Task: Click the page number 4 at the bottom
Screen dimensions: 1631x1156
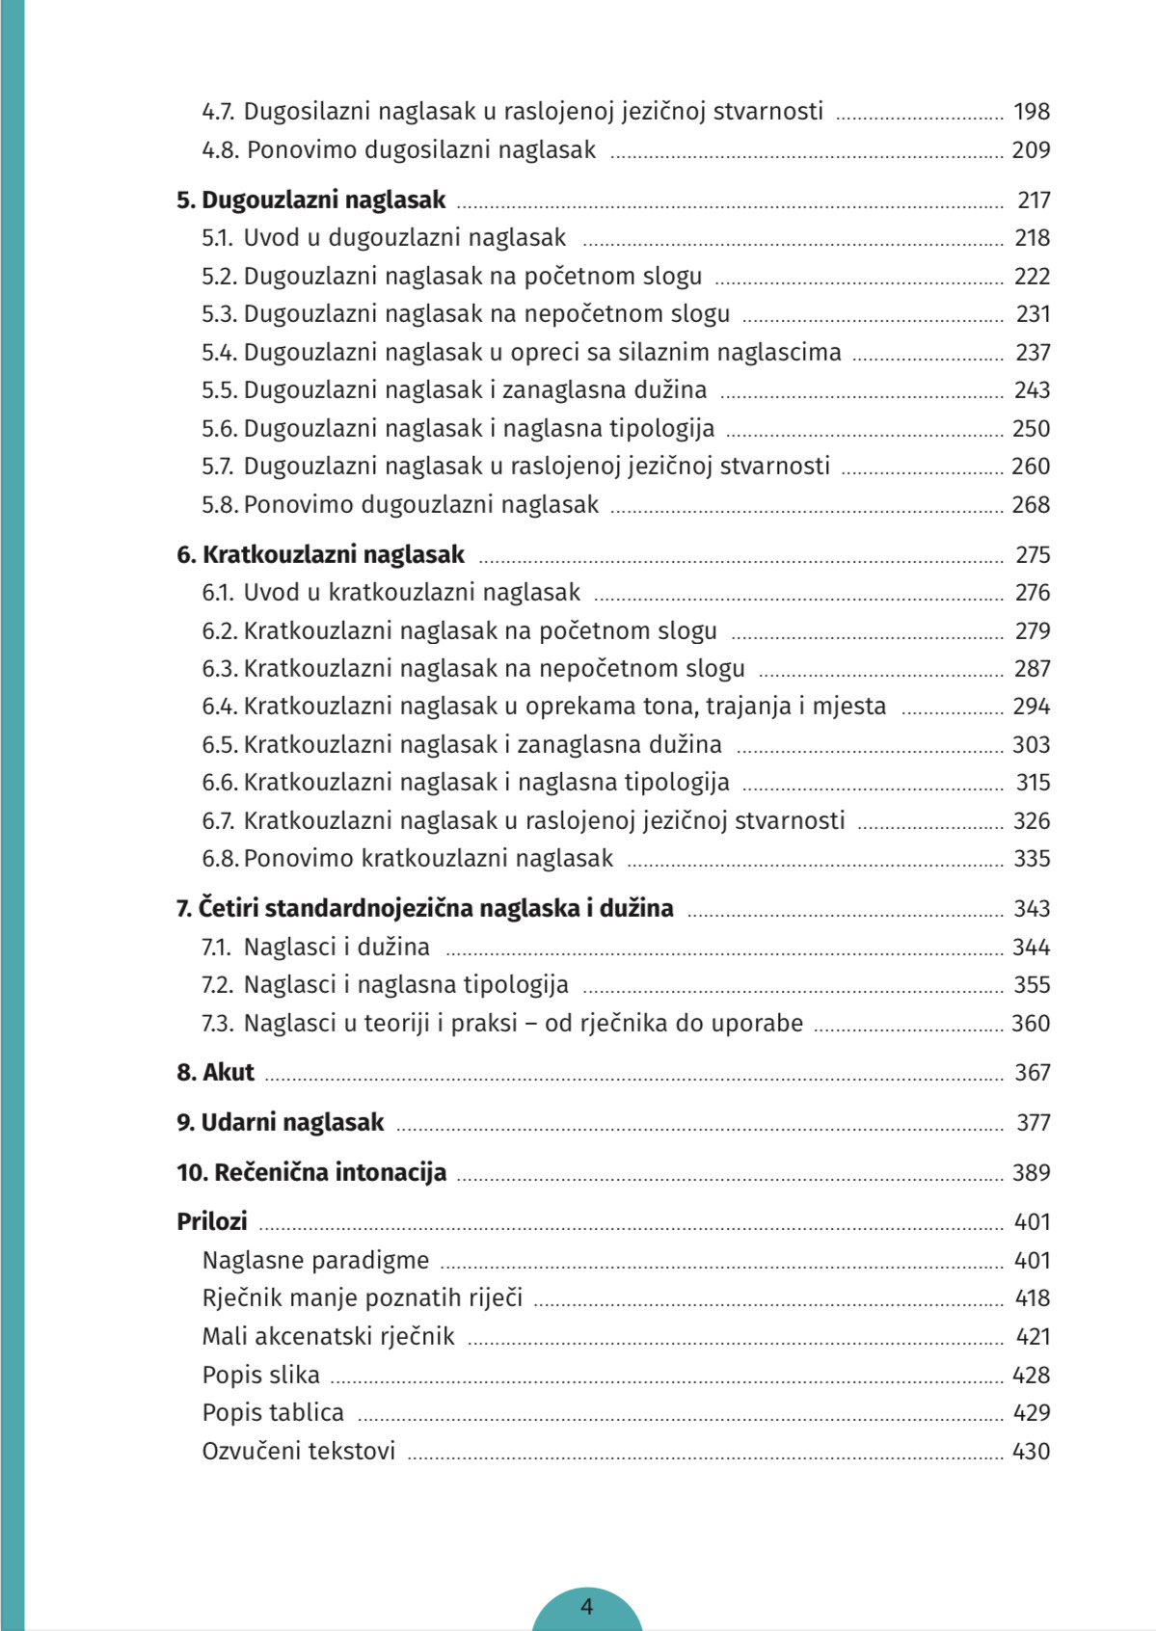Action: (x=586, y=1607)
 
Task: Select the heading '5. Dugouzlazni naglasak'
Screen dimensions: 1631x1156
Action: (x=310, y=201)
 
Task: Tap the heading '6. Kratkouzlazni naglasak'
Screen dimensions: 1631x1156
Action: (x=320, y=555)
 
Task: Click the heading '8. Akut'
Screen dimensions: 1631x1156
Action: (x=215, y=1073)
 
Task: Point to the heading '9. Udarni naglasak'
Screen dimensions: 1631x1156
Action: (x=280, y=1123)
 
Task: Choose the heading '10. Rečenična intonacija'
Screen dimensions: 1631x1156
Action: (x=311, y=1173)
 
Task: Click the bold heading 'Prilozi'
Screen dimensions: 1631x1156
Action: (x=212, y=1222)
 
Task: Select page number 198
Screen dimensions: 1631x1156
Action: (x=1031, y=112)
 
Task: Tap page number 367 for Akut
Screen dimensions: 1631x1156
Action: (x=1032, y=1073)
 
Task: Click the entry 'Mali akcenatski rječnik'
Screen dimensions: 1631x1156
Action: (x=328, y=1337)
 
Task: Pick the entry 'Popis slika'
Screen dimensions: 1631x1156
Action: (x=260, y=1376)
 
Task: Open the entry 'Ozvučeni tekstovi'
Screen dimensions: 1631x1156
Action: (x=299, y=1452)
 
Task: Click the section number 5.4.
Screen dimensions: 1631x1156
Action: (x=219, y=353)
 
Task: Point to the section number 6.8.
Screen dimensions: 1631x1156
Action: (x=220, y=859)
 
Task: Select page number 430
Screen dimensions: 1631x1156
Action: (x=1031, y=1452)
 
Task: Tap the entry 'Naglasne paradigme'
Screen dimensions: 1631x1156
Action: (x=315, y=1261)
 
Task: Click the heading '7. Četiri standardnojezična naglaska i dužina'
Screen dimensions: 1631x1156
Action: (x=424, y=909)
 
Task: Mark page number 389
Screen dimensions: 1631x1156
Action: (x=1031, y=1173)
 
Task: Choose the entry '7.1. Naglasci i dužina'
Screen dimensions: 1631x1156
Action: (x=315, y=948)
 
